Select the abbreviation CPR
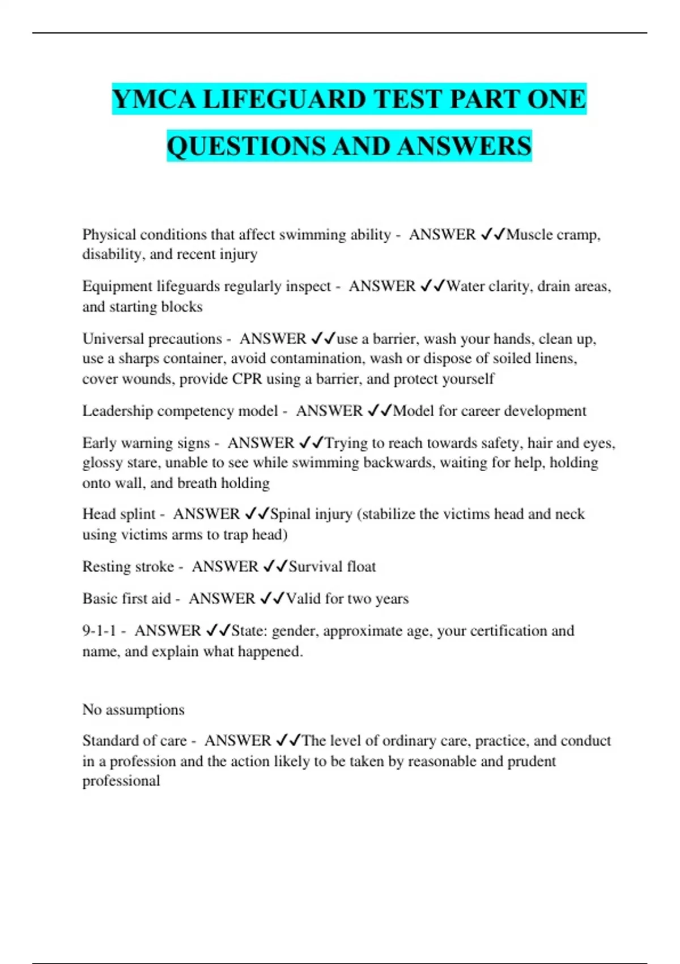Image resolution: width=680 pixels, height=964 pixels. (x=247, y=379)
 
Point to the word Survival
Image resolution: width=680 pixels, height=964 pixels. (x=314, y=566)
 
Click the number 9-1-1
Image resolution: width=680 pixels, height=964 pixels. (x=99, y=631)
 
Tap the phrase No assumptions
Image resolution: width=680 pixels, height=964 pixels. (x=133, y=709)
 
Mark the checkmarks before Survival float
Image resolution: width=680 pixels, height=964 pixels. (x=275, y=566)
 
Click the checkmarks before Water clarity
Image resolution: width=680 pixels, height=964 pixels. (x=433, y=286)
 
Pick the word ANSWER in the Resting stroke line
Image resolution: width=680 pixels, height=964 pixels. (x=225, y=566)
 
